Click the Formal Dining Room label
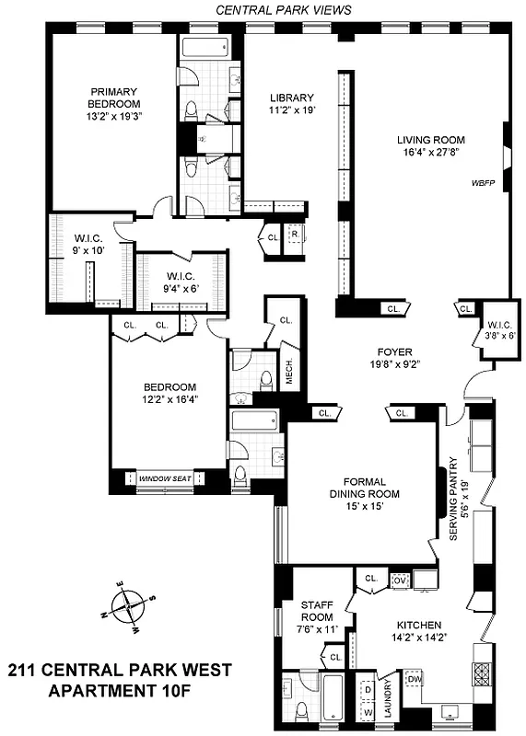point(364,488)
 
